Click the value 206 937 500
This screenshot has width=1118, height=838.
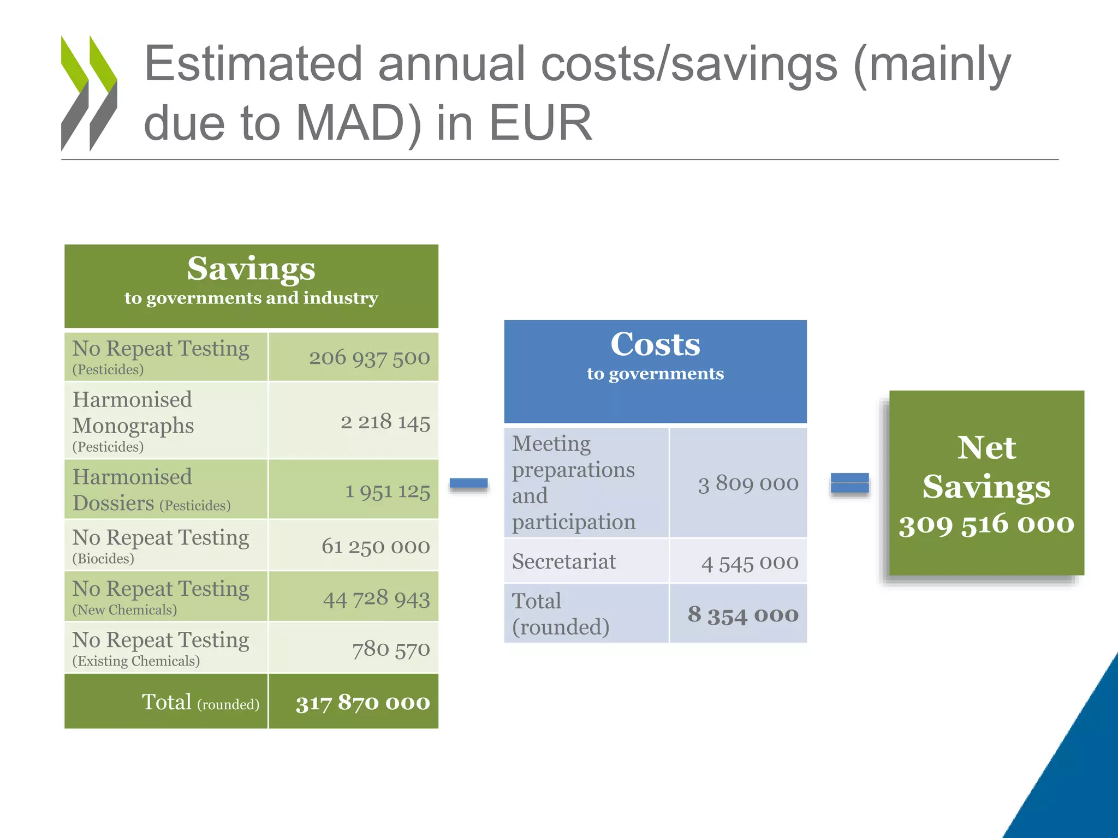[370, 358]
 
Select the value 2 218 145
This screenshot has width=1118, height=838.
[385, 422]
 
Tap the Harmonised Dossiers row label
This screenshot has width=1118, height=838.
[151, 490]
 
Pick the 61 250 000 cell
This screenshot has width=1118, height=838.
[376, 546]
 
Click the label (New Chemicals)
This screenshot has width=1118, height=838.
[124, 610]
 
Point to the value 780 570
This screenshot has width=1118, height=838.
[391, 649]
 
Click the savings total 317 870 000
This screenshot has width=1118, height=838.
[363, 702]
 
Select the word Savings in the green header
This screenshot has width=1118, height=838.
[251, 268]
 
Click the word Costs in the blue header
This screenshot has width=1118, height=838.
[655, 344]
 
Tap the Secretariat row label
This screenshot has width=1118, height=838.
[564, 561]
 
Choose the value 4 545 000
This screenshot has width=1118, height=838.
[750, 562]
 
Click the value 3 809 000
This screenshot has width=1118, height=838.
[748, 483]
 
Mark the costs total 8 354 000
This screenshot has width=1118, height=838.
[743, 615]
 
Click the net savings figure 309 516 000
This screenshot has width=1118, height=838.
[986, 524]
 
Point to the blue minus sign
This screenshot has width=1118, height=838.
[468, 483]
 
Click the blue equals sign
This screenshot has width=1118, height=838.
[849, 483]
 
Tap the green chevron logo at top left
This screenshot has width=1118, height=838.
[89, 93]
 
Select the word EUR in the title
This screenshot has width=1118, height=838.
[540, 123]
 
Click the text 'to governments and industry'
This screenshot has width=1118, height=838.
[251, 298]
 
